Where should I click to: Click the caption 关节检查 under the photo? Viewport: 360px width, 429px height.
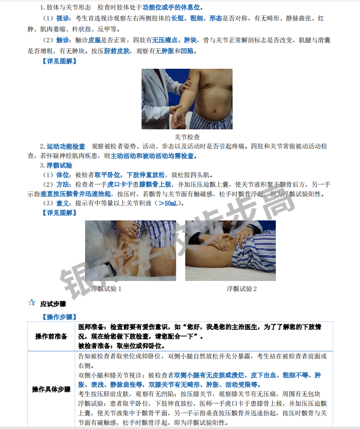click(187, 137)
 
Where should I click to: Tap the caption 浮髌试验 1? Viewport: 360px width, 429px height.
click(106, 289)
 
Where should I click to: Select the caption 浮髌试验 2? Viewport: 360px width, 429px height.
click(242, 289)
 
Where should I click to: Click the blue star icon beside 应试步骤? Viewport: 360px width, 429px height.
click(31, 302)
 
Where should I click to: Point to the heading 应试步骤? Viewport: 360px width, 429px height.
click(53, 303)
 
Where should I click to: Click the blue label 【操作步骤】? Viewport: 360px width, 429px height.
click(59, 317)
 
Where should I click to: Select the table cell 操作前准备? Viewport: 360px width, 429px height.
click(51, 336)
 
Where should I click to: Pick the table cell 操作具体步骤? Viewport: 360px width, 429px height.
click(51, 389)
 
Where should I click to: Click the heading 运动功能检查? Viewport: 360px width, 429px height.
click(66, 146)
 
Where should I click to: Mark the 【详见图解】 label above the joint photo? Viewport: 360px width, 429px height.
click(59, 61)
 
